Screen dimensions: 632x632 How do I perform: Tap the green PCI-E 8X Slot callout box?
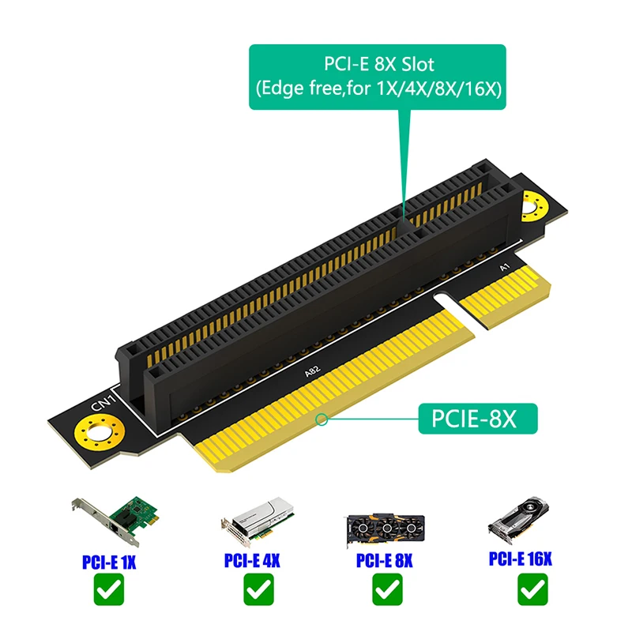[x=377, y=77]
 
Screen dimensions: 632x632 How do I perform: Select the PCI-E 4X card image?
[x=252, y=524]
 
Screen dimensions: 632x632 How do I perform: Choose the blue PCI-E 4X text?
[x=252, y=562]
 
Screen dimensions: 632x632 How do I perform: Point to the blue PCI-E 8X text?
[x=385, y=562]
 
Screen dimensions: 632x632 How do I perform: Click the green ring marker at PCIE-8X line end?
[x=322, y=420]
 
